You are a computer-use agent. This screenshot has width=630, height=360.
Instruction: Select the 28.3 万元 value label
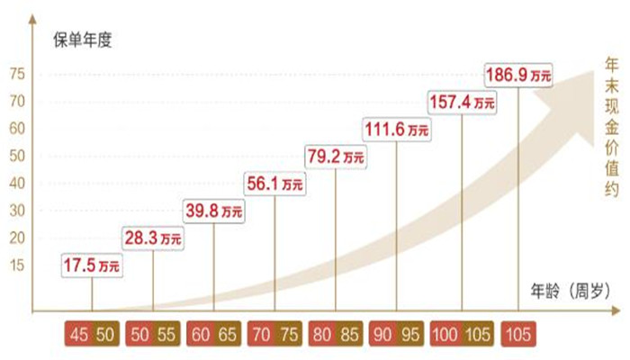point(153,238)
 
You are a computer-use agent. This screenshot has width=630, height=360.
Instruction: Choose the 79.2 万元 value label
point(337,157)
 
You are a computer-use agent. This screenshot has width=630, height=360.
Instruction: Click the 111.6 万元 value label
point(396,130)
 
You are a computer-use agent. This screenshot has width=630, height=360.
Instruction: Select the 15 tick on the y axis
point(17,265)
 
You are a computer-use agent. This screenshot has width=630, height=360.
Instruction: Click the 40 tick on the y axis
point(17,184)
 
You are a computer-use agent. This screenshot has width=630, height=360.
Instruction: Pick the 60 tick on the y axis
point(17,129)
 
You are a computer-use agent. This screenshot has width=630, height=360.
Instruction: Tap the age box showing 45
point(79,333)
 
